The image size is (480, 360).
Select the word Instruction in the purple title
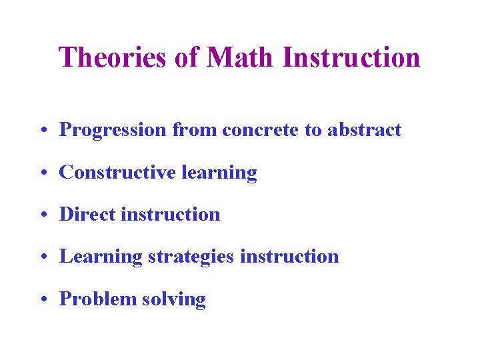tap(351, 57)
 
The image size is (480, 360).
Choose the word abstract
tap(364, 130)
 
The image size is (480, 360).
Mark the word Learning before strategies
tap(101, 257)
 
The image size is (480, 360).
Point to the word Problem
tap(97, 299)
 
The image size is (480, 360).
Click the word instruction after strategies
tap(289, 257)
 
